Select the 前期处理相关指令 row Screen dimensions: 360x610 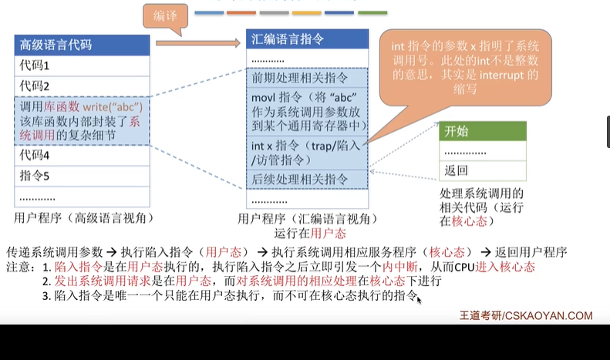[306, 78]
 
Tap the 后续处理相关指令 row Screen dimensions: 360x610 [306, 179]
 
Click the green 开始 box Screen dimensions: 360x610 [483, 131]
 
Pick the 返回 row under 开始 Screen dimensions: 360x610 [483, 170]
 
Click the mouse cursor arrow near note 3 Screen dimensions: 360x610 [420, 298]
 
